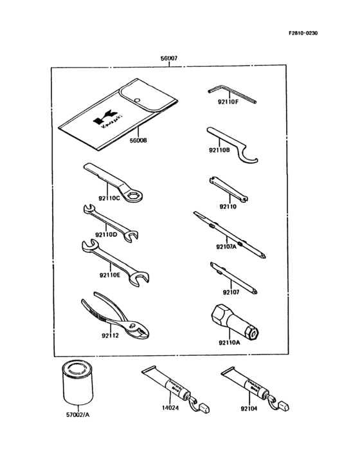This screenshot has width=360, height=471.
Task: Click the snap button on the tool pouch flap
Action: click(138, 98)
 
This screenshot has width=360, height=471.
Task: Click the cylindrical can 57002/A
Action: click(76, 389)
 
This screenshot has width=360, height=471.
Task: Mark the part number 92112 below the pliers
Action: click(110, 335)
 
